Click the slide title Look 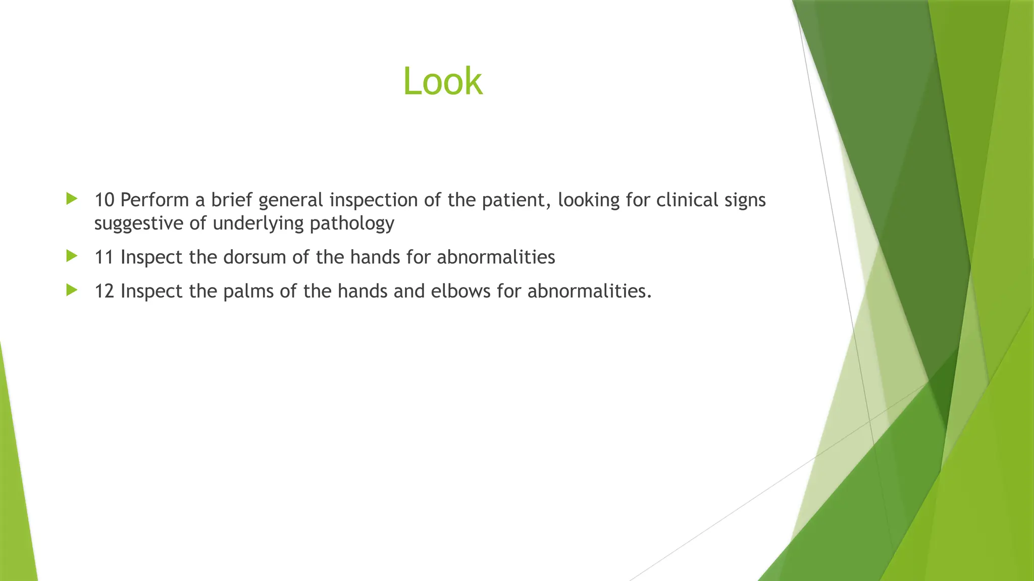coord(443,81)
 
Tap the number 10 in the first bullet coord(105,200)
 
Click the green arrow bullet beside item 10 coord(72,199)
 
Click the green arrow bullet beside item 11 coord(72,256)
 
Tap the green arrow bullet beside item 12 coord(72,290)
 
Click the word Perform coord(154,200)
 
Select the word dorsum coord(254,258)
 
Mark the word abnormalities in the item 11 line coord(496,258)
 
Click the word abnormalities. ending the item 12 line coord(589,292)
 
